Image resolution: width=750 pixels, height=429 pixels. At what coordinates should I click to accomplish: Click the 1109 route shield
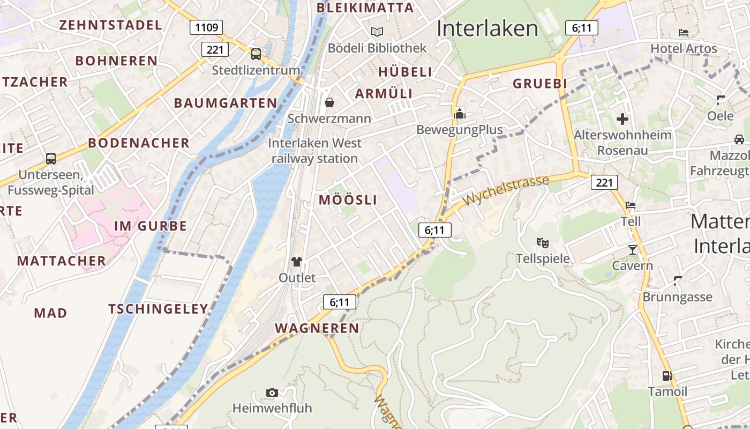(206, 27)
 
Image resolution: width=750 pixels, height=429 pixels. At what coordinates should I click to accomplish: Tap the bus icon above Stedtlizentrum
(256, 54)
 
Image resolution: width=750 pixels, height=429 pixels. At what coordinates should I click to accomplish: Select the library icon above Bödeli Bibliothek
(377, 32)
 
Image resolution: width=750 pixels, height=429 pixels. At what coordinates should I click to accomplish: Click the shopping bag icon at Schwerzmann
(329, 102)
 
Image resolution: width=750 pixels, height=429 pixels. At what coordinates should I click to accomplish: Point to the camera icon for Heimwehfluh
(272, 393)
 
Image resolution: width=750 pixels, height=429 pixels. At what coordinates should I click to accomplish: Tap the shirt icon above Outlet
(297, 262)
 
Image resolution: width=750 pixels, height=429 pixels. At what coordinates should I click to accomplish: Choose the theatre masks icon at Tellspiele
(543, 243)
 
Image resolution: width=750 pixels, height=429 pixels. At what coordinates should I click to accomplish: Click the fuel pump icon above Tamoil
(667, 376)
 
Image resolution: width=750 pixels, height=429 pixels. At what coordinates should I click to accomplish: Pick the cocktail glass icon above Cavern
(633, 249)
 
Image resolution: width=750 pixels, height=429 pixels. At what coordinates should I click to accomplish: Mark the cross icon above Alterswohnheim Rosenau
(622, 119)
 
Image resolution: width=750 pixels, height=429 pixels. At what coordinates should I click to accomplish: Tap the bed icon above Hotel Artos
(684, 33)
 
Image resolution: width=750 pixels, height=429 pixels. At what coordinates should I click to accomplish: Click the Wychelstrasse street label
(506, 190)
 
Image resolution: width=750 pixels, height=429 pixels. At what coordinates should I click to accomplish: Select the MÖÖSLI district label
(348, 200)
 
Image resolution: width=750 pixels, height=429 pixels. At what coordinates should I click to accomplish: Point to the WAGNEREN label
(317, 328)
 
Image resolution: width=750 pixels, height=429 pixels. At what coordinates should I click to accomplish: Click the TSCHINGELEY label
(158, 309)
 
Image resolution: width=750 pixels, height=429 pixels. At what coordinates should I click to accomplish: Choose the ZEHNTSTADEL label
(110, 25)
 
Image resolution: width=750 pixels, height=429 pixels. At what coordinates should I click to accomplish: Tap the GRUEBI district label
(540, 84)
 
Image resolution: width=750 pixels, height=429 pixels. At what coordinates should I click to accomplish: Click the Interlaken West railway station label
(315, 151)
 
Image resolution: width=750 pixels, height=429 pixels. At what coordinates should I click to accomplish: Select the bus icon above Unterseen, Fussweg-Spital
(51, 159)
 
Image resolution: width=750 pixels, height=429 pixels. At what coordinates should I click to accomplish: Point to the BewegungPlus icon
(460, 114)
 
